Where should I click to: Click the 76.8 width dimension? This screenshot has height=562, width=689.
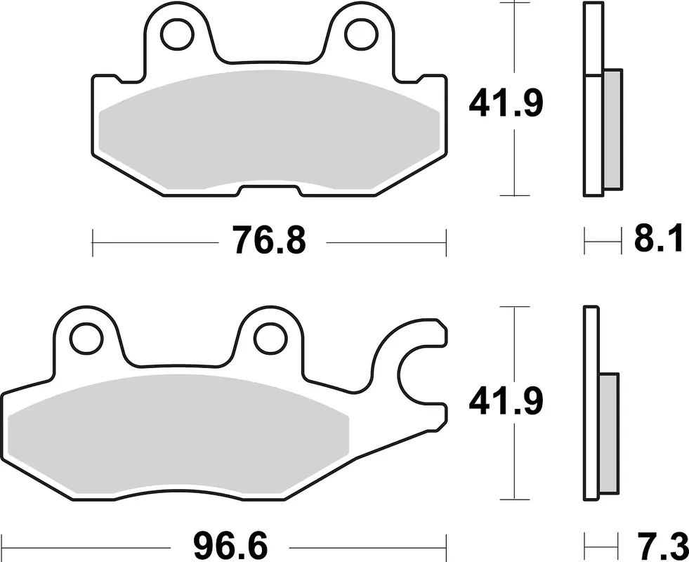click(x=270, y=240)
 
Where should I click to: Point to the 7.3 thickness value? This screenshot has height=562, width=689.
click(x=659, y=546)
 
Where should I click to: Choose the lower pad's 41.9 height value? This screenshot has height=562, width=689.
click(x=506, y=401)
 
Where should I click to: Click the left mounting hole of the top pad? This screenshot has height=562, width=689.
click(x=178, y=34)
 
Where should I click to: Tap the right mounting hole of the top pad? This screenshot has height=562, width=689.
click(x=362, y=34)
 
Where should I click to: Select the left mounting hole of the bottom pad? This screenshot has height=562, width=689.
click(x=86, y=339)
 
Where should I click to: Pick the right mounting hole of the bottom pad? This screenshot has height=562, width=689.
click(x=270, y=339)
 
